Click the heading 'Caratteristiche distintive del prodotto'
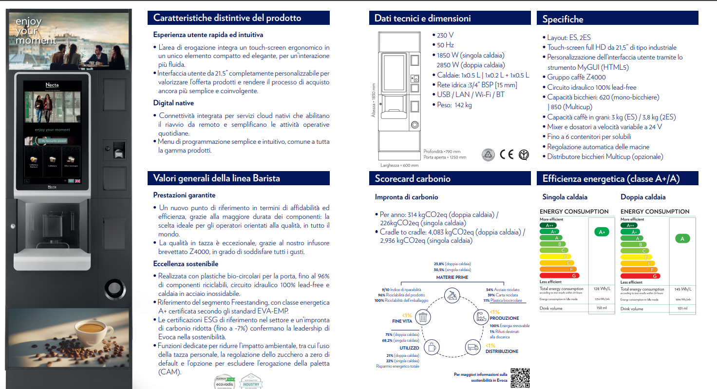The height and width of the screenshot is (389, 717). (227, 18)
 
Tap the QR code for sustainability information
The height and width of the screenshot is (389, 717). (519, 377)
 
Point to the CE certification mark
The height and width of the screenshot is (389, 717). (507, 155)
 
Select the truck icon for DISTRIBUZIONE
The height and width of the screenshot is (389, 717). (472, 347)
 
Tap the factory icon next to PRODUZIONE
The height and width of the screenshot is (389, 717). (479, 317)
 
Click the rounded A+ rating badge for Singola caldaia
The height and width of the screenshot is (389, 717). (602, 232)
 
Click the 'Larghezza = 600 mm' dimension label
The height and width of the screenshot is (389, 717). (399, 165)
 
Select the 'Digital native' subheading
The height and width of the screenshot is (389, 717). (173, 103)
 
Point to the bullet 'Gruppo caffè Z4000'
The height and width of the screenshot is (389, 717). (576, 77)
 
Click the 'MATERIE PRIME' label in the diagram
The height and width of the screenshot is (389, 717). (452, 277)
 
